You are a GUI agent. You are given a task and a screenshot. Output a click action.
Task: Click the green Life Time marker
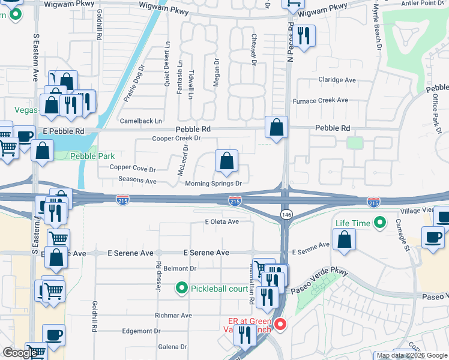[x=379, y=224]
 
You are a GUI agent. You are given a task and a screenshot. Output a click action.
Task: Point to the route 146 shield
[x=286, y=214]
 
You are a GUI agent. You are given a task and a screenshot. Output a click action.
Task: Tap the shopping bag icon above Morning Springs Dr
[x=226, y=161]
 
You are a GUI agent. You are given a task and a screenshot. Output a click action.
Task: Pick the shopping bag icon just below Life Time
[x=345, y=239]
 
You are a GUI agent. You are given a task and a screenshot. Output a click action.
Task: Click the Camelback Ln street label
[x=141, y=121]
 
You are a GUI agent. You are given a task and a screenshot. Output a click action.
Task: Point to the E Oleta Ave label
[x=221, y=221]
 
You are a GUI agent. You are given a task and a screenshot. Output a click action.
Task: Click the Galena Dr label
[x=173, y=347]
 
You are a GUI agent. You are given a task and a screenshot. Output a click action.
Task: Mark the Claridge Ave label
[x=337, y=80]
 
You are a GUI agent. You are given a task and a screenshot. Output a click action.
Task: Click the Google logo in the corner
[x=20, y=353]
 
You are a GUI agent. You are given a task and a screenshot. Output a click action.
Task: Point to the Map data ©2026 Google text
[x=411, y=355]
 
